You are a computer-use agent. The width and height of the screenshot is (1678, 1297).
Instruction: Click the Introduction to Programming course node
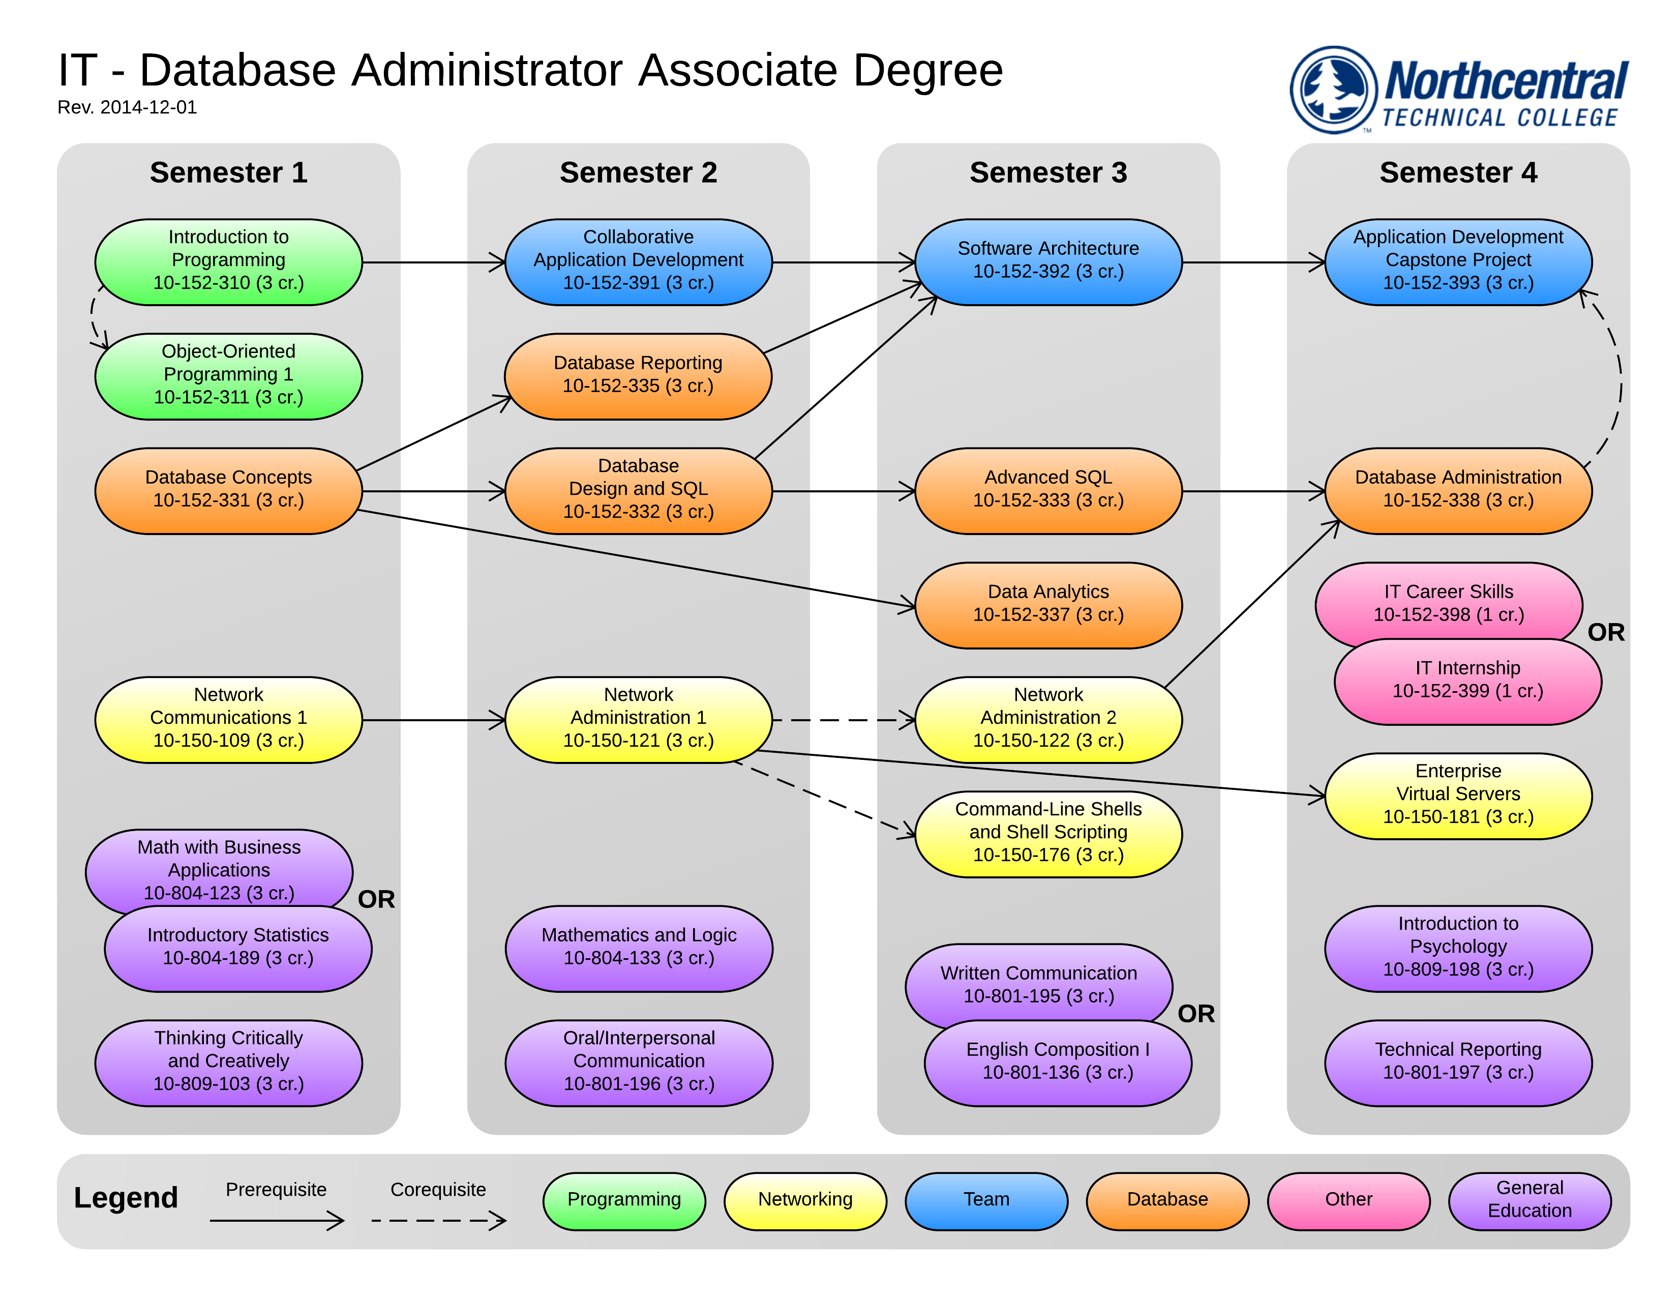point(228,262)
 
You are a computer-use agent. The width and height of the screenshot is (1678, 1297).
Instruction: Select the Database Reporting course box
point(638,376)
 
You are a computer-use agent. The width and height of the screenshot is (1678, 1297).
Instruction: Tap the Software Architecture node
point(1048,261)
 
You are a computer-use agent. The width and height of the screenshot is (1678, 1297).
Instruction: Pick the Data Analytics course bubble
point(1048,605)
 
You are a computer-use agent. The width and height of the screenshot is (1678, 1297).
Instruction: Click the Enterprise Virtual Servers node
point(1457,794)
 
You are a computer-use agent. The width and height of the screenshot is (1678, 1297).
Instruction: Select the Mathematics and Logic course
point(639,948)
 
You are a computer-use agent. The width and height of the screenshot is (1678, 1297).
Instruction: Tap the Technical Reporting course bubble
point(1457,1062)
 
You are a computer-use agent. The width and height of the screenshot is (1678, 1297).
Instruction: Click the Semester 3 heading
point(1048,172)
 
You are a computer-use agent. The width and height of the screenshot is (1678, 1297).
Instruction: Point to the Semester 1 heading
point(228,172)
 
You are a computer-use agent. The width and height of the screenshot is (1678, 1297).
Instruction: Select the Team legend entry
point(986,1199)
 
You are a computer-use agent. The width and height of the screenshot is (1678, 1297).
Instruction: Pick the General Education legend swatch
point(1529,1199)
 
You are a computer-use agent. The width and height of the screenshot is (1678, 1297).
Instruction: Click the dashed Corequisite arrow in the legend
point(438,1220)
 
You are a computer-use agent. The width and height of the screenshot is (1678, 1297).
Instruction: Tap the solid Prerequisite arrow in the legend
point(277,1220)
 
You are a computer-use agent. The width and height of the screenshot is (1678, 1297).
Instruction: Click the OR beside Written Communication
point(1195,1014)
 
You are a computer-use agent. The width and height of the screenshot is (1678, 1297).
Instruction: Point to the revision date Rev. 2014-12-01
point(127,107)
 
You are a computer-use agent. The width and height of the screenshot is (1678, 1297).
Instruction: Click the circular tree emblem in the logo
point(1333,90)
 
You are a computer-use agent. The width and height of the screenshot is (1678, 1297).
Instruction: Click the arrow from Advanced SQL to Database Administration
point(1252,491)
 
